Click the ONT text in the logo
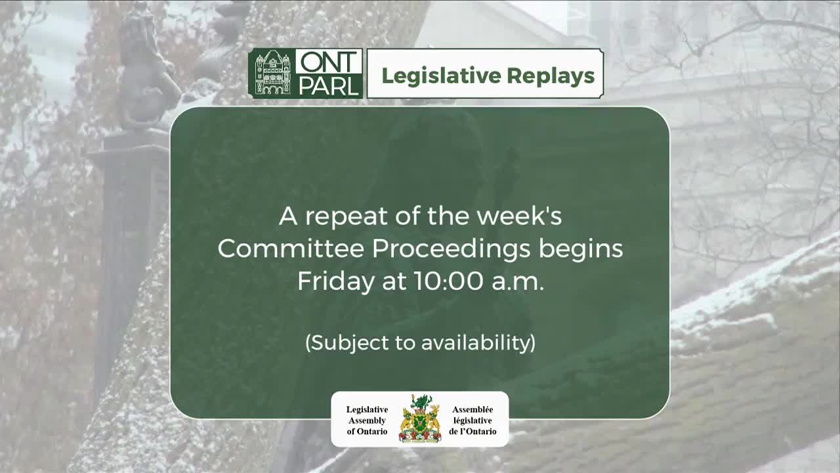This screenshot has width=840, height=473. click(x=329, y=62)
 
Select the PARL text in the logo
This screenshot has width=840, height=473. click(x=329, y=86)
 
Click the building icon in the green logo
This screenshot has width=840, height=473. click(x=272, y=74)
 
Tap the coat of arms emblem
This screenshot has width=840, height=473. click(x=420, y=418)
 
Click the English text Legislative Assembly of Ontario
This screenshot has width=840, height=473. click(x=367, y=420)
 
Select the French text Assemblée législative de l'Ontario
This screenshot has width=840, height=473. click(x=472, y=420)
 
